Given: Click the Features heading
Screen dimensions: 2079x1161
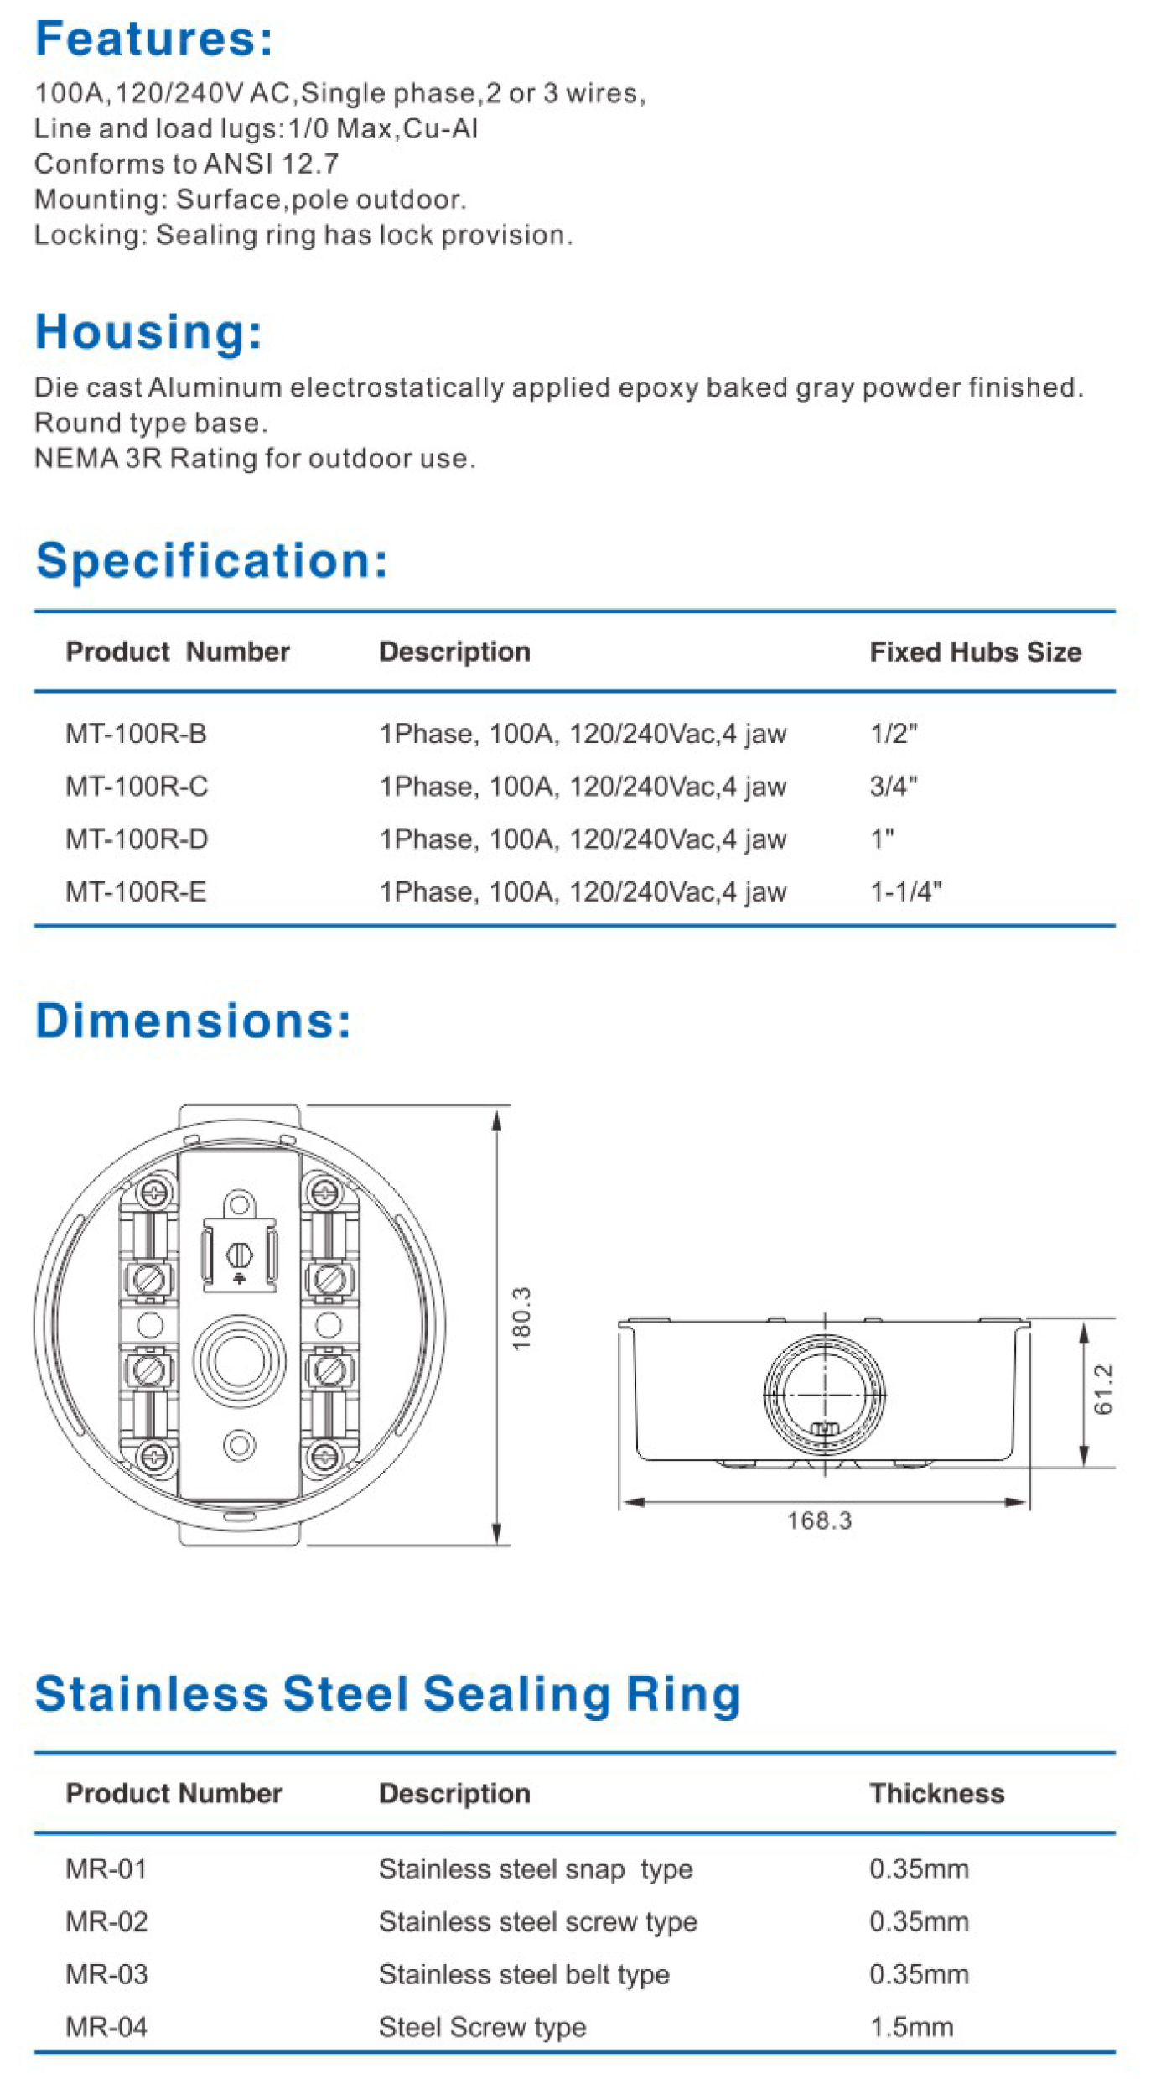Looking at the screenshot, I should (x=154, y=39).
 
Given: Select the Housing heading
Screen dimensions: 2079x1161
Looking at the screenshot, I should (x=148, y=331).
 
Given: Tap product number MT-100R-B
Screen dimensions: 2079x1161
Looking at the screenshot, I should (x=136, y=734).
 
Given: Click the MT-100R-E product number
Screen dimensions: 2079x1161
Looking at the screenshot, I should (x=136, y=891).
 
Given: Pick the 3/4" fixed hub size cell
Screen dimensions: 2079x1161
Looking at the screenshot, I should (x=893, y=787).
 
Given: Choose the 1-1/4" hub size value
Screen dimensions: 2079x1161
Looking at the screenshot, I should (x=905, y=891).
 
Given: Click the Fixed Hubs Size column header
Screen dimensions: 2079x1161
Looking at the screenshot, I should (x=975, y=652).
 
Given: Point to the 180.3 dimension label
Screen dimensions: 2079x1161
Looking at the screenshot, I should (x=521, y=1318).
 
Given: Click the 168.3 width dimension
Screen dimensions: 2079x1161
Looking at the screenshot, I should (x=819, y=1520).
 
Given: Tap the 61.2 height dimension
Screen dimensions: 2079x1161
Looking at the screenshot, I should (x=1103, y=1390).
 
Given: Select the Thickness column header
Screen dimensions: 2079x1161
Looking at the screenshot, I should (x=936, y=1793).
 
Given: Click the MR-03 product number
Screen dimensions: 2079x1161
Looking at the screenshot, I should (x=106, y=1974).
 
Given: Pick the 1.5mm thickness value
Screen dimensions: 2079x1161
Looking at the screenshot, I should (x=911, y=2027).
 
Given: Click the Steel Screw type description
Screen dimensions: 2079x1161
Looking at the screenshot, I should (x=482, y=2027).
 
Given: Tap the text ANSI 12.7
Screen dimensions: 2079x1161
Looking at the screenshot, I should (x=272, y=164).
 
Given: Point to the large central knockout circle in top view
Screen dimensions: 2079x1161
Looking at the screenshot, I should (x=239, y=1360).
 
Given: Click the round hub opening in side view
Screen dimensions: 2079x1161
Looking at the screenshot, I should (x=824, y=1394).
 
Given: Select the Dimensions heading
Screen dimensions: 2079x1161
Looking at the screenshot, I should (x=194, y=1021).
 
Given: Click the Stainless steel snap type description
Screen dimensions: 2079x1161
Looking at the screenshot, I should (x=536, y=1869).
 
